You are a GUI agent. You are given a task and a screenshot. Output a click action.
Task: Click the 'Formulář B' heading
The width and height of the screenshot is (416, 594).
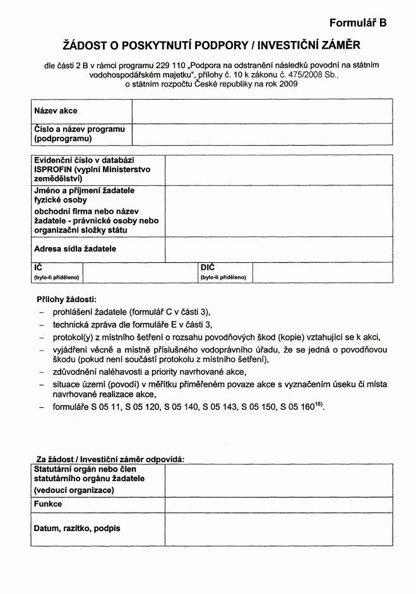click(357, 23)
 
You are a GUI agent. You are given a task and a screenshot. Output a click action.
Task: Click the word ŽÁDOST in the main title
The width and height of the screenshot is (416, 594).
click(77, 45)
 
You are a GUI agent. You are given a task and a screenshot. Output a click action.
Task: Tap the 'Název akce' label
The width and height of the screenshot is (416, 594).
click(56, 111)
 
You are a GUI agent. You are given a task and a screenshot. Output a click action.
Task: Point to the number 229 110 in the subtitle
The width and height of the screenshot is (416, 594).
click(171, 65)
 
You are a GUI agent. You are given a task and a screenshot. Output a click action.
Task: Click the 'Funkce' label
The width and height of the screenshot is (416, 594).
click(48, 504)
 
